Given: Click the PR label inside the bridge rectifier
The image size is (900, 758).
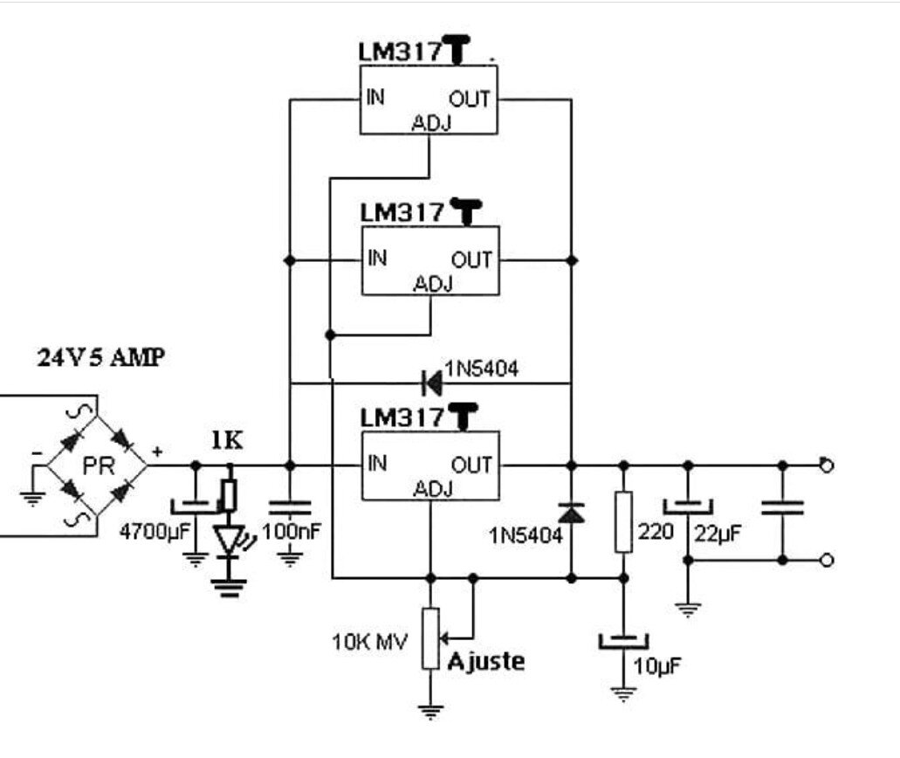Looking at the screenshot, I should pos(98,465).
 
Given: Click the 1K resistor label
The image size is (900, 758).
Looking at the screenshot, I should pos(229,442).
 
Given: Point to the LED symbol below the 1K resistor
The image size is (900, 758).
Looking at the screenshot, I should pos(230,541).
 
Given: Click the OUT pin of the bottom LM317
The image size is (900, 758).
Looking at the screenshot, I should pos(471,465).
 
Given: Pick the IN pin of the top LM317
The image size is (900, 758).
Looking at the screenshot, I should pos(377,96).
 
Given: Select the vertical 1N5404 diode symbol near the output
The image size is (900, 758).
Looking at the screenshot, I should pos(571,513).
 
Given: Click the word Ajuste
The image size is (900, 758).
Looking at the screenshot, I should pos(486,661).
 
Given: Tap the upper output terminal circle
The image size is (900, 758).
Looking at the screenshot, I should pos(827,465).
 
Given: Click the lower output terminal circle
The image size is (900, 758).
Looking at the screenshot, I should pos(827,560).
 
